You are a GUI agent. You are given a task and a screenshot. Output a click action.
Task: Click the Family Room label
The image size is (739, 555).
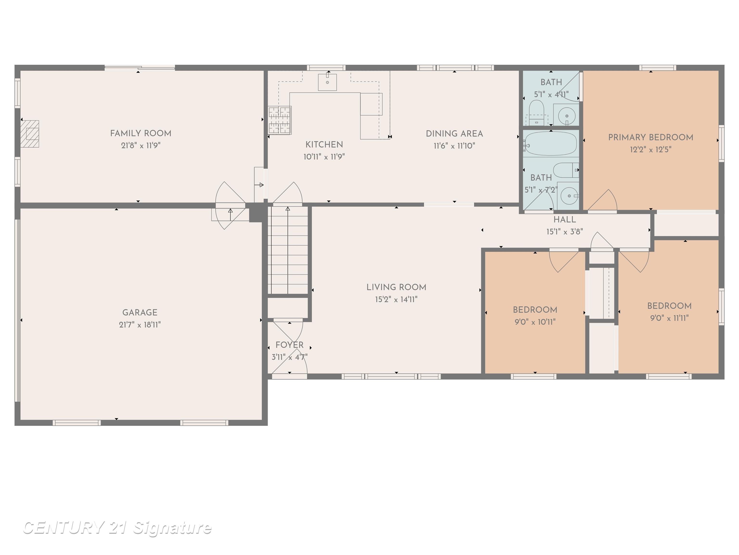click(x=141, y=133)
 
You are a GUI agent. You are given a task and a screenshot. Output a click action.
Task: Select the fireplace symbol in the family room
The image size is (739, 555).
click(x=30, y=134)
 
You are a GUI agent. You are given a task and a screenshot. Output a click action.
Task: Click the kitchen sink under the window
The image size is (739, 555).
click(x=327, y=82)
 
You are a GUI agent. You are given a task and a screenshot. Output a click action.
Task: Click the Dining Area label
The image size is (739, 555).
click(x=454, y=134)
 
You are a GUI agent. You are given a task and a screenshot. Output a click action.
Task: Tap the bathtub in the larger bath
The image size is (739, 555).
click(x=551, y=143)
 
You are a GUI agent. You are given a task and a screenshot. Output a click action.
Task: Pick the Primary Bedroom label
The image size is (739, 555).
click(x=650, y=138)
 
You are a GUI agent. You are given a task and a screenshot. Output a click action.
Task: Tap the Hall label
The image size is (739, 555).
click(x=565, y=220)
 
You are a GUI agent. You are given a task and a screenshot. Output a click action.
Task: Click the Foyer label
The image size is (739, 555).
click(x=289, y=345)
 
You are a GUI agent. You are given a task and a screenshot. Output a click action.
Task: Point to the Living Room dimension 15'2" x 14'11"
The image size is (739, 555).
click(x=396, y=299)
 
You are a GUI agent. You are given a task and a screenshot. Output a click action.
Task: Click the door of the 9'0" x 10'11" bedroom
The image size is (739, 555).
click(x=564, y=261)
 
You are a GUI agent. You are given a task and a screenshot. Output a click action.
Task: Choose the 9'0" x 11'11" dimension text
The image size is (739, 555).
click(x=669, y=318)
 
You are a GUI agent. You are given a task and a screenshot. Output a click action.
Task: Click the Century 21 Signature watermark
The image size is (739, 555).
click(x=117, y=528)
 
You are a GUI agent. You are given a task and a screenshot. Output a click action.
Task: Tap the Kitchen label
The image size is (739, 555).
click(x=324, y=145)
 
